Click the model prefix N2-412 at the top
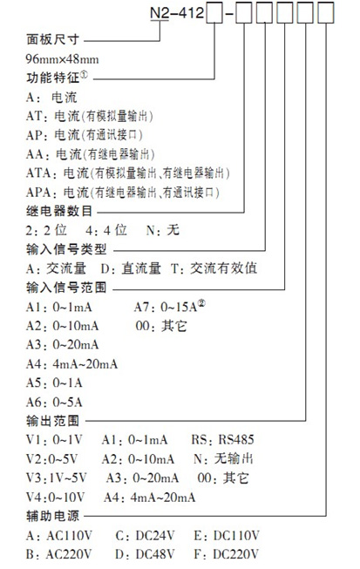click(177, 13)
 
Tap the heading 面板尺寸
click(52, 39)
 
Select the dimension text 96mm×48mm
click(62, 58)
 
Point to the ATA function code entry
click(128, 173)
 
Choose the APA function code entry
click(123, 192)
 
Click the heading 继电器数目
click(59, 211)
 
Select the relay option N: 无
click(163, 230)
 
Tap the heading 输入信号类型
click(66, 250)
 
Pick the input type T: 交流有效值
click(214, 268)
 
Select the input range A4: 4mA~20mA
click(71, 363)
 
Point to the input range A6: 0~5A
click(54, 402)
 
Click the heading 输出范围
click(52, 421)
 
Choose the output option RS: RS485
click(222, 440)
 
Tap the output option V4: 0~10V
click(55, 498)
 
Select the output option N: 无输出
click(223, 458)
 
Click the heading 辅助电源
click(52, 516)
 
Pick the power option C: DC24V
click(146, 536)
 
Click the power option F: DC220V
click(227, 554)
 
